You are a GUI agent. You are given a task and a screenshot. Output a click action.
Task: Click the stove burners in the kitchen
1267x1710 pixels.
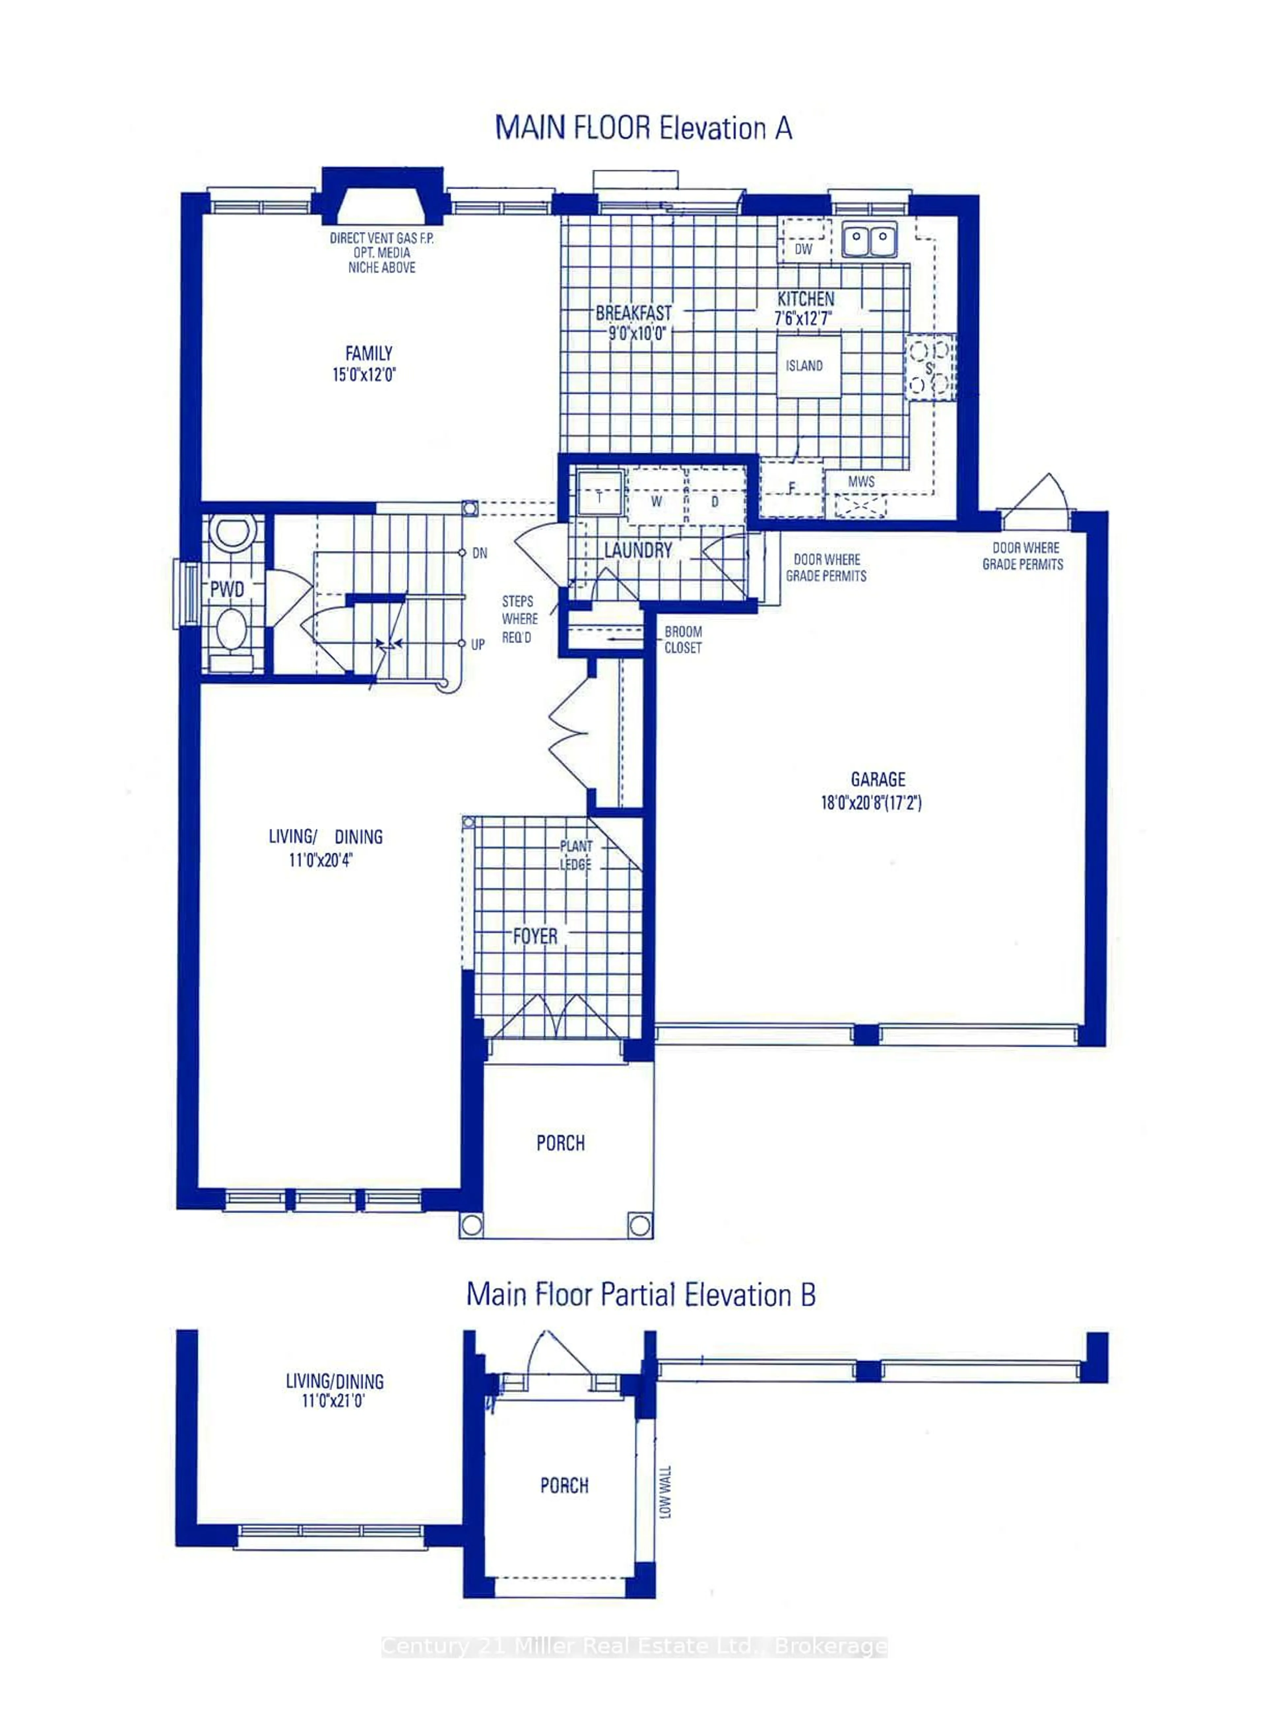929,367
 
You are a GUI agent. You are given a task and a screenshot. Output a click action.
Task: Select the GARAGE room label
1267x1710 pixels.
878,780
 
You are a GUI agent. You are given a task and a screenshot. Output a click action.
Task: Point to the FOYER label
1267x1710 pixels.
535,937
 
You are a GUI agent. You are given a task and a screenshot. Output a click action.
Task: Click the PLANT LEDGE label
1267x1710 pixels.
576,855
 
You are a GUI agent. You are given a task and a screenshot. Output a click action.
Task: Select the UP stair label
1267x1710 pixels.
478,644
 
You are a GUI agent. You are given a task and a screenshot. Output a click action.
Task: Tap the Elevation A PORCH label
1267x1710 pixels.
561,1143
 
